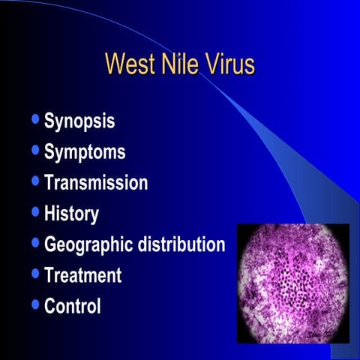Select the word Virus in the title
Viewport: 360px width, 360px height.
(231, 64)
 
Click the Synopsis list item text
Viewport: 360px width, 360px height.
(79, 122)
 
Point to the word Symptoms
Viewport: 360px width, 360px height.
(85, 152)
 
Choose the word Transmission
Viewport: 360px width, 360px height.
(96, 182)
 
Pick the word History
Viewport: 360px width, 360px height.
(71, 213)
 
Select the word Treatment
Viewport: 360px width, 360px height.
(82, 275)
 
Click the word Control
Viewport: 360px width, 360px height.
(73, 306)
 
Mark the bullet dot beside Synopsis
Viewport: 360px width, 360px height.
(36, 120)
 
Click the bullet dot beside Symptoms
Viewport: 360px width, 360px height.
(36, 151)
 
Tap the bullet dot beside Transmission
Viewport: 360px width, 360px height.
(36, 181)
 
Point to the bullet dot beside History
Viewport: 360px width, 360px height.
(36, 212)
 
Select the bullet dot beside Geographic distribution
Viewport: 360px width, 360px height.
(36, 243)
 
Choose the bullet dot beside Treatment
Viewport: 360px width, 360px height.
(36, 274)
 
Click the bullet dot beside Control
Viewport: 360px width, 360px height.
(36, 304)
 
